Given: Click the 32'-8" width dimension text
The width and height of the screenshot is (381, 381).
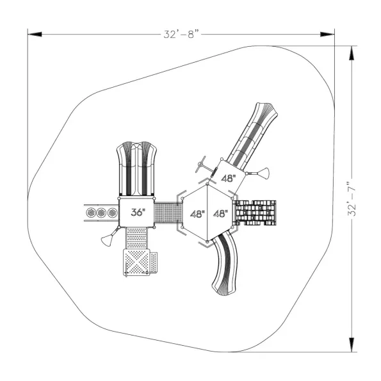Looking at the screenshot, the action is [181, 35].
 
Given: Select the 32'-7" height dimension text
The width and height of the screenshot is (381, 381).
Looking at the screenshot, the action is [352, 199].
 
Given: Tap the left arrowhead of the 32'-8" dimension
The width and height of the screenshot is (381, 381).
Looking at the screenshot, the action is [35, 35].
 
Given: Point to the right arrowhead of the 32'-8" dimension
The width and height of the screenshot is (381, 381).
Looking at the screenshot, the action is [327, 35].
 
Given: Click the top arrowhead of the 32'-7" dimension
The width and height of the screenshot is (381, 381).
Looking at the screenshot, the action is [352, 53].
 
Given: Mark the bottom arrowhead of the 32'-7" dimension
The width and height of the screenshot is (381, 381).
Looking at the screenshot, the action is [352, 345].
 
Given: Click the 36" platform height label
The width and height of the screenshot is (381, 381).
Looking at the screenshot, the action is [138, 212].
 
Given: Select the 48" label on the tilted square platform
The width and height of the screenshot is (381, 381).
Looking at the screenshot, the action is [229, 179].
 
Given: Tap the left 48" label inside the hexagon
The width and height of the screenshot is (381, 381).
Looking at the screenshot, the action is [197, 214].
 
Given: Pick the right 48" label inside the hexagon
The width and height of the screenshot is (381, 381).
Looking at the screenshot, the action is [221, 214].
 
